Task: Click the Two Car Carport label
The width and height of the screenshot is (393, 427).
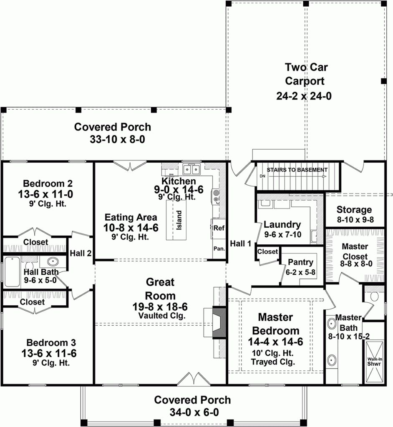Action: coord(304,73)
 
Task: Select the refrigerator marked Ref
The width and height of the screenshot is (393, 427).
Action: coord(219,228)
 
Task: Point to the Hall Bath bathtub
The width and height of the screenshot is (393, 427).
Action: coord(12,271)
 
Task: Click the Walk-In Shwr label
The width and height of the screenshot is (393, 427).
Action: coord(374,361)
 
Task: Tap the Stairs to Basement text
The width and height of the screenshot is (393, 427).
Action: coord(297,170)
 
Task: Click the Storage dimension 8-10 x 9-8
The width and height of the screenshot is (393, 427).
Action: coord(354,219)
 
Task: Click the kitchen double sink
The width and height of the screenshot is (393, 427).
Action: coord(191,169)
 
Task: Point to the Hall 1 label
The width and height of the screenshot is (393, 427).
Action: coord(240,244)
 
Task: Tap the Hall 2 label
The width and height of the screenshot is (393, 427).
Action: coord(81,253)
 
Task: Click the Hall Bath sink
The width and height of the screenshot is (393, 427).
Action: coord(53,262)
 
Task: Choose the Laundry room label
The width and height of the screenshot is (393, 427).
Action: coord(282,225)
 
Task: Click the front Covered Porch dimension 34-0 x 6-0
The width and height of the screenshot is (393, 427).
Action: coord(192,412)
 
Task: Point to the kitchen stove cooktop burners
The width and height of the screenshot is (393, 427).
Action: coord(216,196)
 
